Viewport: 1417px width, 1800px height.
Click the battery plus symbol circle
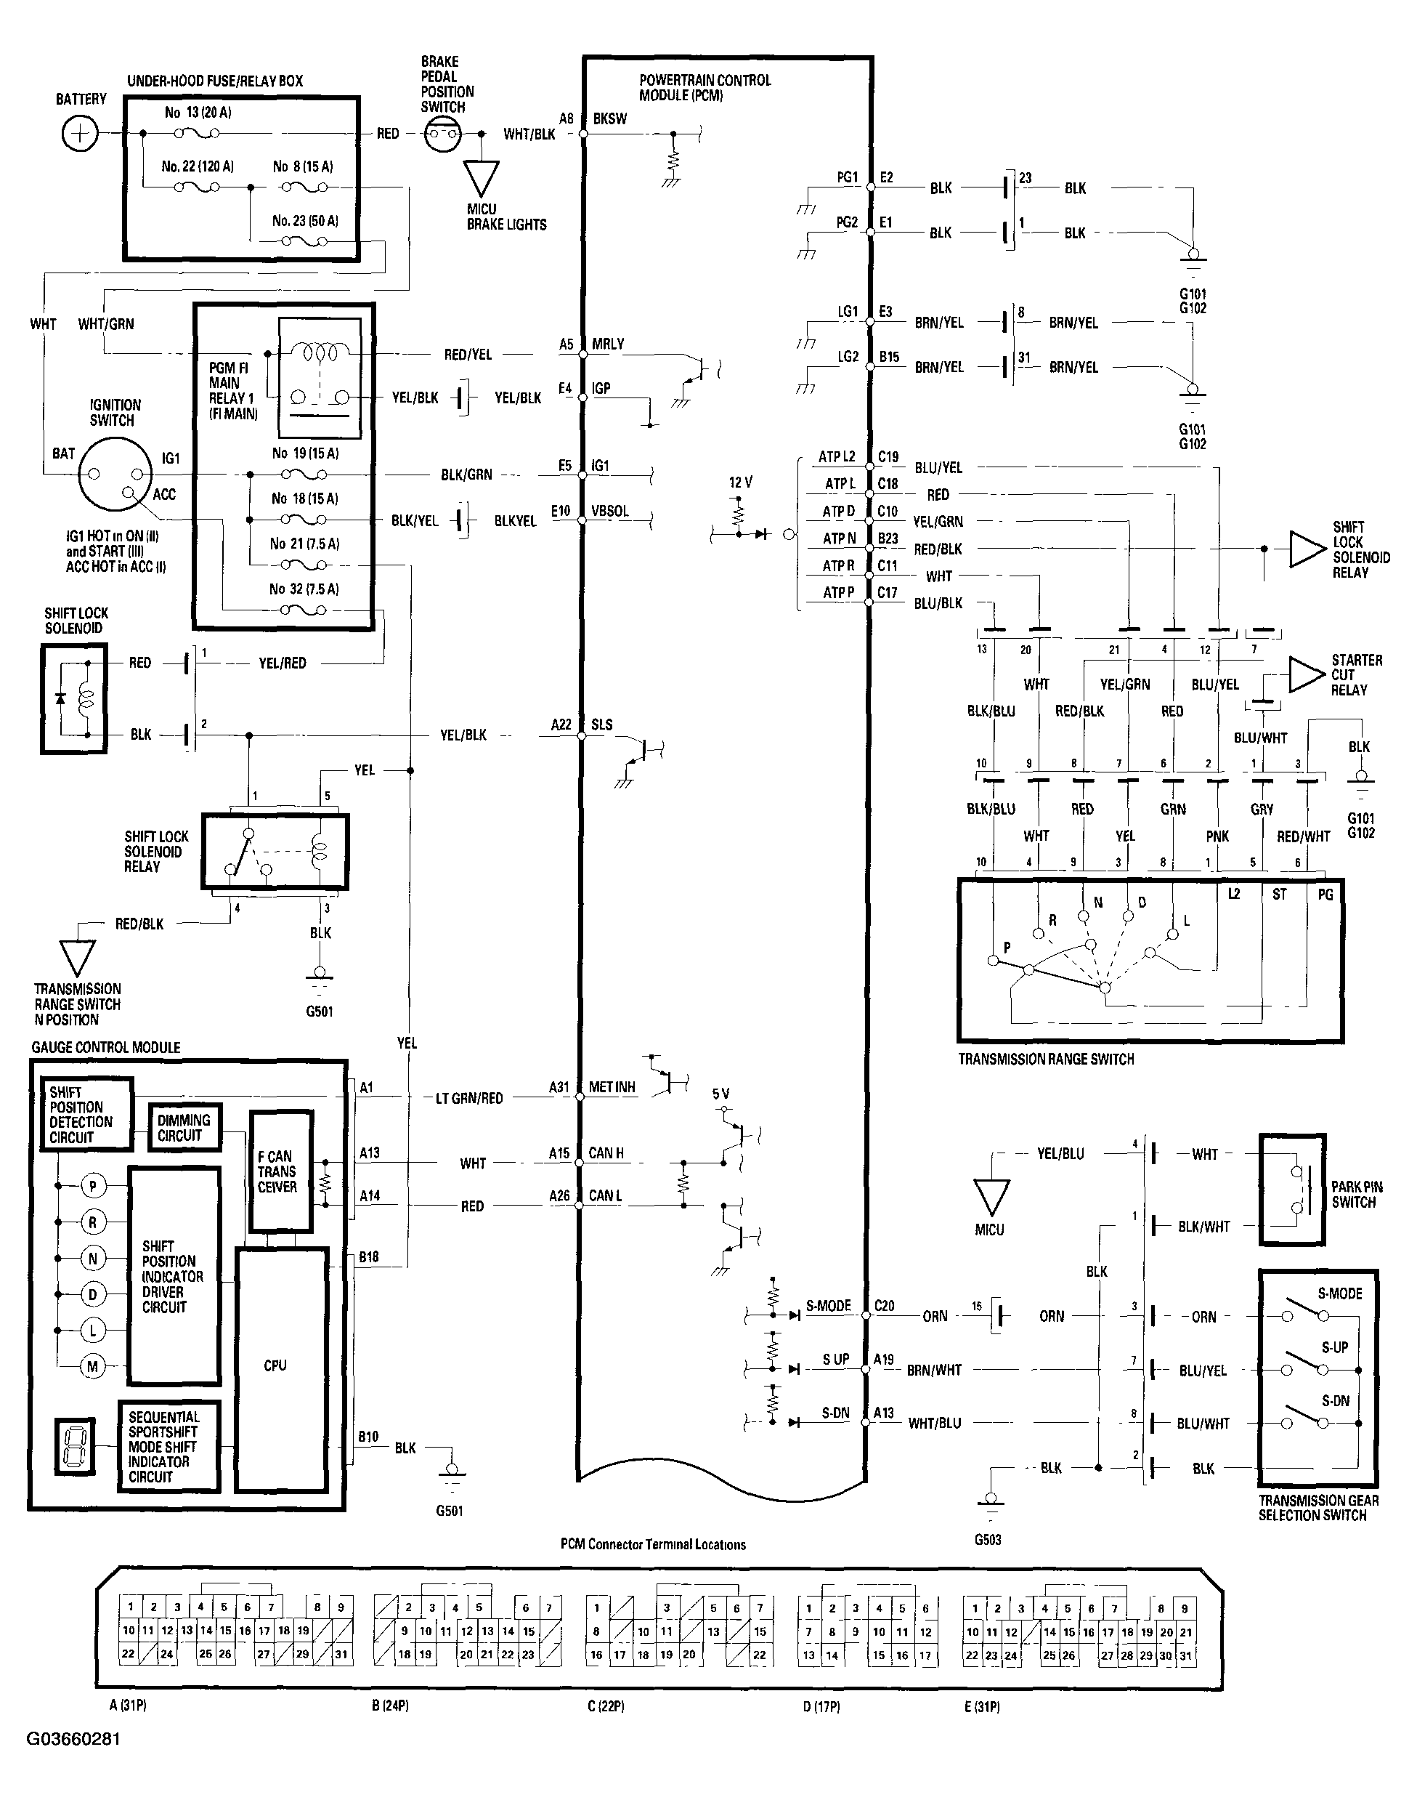(x=80, y=134)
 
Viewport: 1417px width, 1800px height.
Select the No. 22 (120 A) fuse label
(x=198, y=166)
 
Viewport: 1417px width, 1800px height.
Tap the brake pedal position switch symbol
(x=442, y=134)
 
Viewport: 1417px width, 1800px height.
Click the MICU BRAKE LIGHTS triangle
(x=482, y=177)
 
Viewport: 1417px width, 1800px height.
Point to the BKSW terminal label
(x=610, y=118)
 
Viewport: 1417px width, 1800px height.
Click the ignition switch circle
(x=115, y=475)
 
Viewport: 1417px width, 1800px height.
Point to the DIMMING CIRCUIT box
(x=184, y=1127)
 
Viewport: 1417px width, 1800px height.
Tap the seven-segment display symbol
(x=76, y=1445)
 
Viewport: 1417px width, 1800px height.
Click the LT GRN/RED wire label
(x=468, y=1098)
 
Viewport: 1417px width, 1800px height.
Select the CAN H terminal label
(x=606, y=1153)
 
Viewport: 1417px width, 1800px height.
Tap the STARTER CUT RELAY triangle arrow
(x=1307, y=674)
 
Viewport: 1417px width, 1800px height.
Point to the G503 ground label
(x=987, y=1539)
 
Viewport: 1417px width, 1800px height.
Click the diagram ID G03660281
(x=73, y=1738)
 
